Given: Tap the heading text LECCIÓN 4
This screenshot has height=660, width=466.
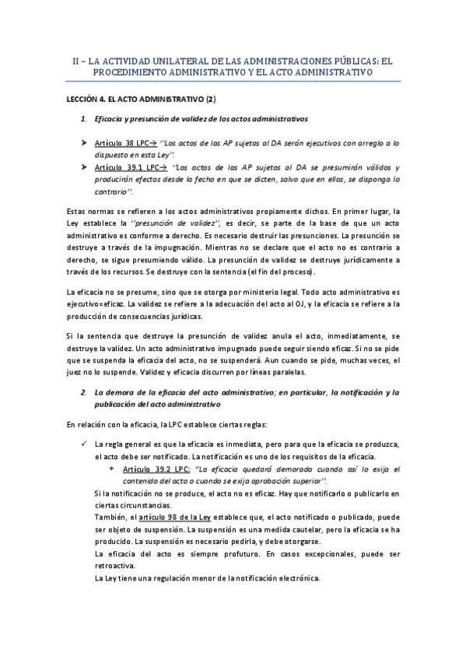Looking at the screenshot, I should click(x=90, y=100).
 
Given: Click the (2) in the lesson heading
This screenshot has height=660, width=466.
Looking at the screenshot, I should click(x=210, y=100).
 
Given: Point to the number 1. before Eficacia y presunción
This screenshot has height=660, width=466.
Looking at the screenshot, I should click(x=84, y=119).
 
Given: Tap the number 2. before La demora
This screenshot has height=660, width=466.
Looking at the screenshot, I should click(x=84, y=393).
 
